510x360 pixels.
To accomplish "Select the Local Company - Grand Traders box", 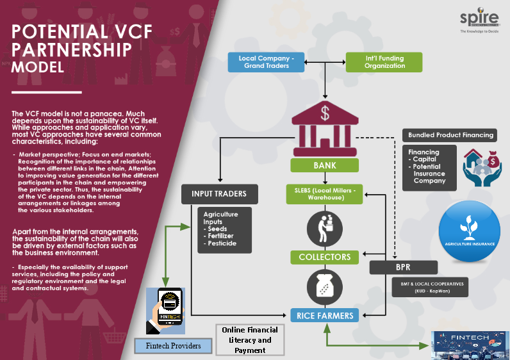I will click(x=265, y=62).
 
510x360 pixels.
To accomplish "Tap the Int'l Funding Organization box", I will click(x=384, y=62).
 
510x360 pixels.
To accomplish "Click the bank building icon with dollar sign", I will click(x=324, y=130).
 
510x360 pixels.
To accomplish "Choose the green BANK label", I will click(x=324, y=166).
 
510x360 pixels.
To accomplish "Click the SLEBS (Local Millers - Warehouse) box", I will click(x=324, y=193).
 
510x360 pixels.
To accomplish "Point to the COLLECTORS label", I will click(x=324, y=257).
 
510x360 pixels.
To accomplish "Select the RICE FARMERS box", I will click(x=324, y=315).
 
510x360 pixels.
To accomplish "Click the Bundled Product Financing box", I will click(x=451, y=135).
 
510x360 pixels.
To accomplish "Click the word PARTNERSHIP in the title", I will click(x=72, y=49).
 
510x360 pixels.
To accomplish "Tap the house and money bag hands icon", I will click(x=481, y=168).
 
